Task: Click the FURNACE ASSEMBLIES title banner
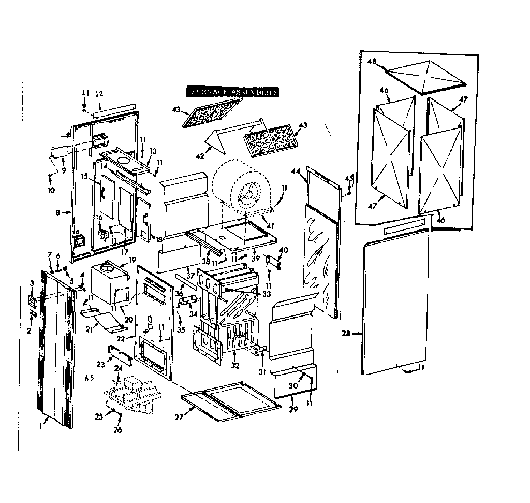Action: pos(233,92)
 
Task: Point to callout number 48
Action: pos(372,61)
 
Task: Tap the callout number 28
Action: pos(346,334)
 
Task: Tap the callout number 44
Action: pos(296,171)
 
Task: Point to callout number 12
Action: pos(99,94)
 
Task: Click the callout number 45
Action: pos(349,178)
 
